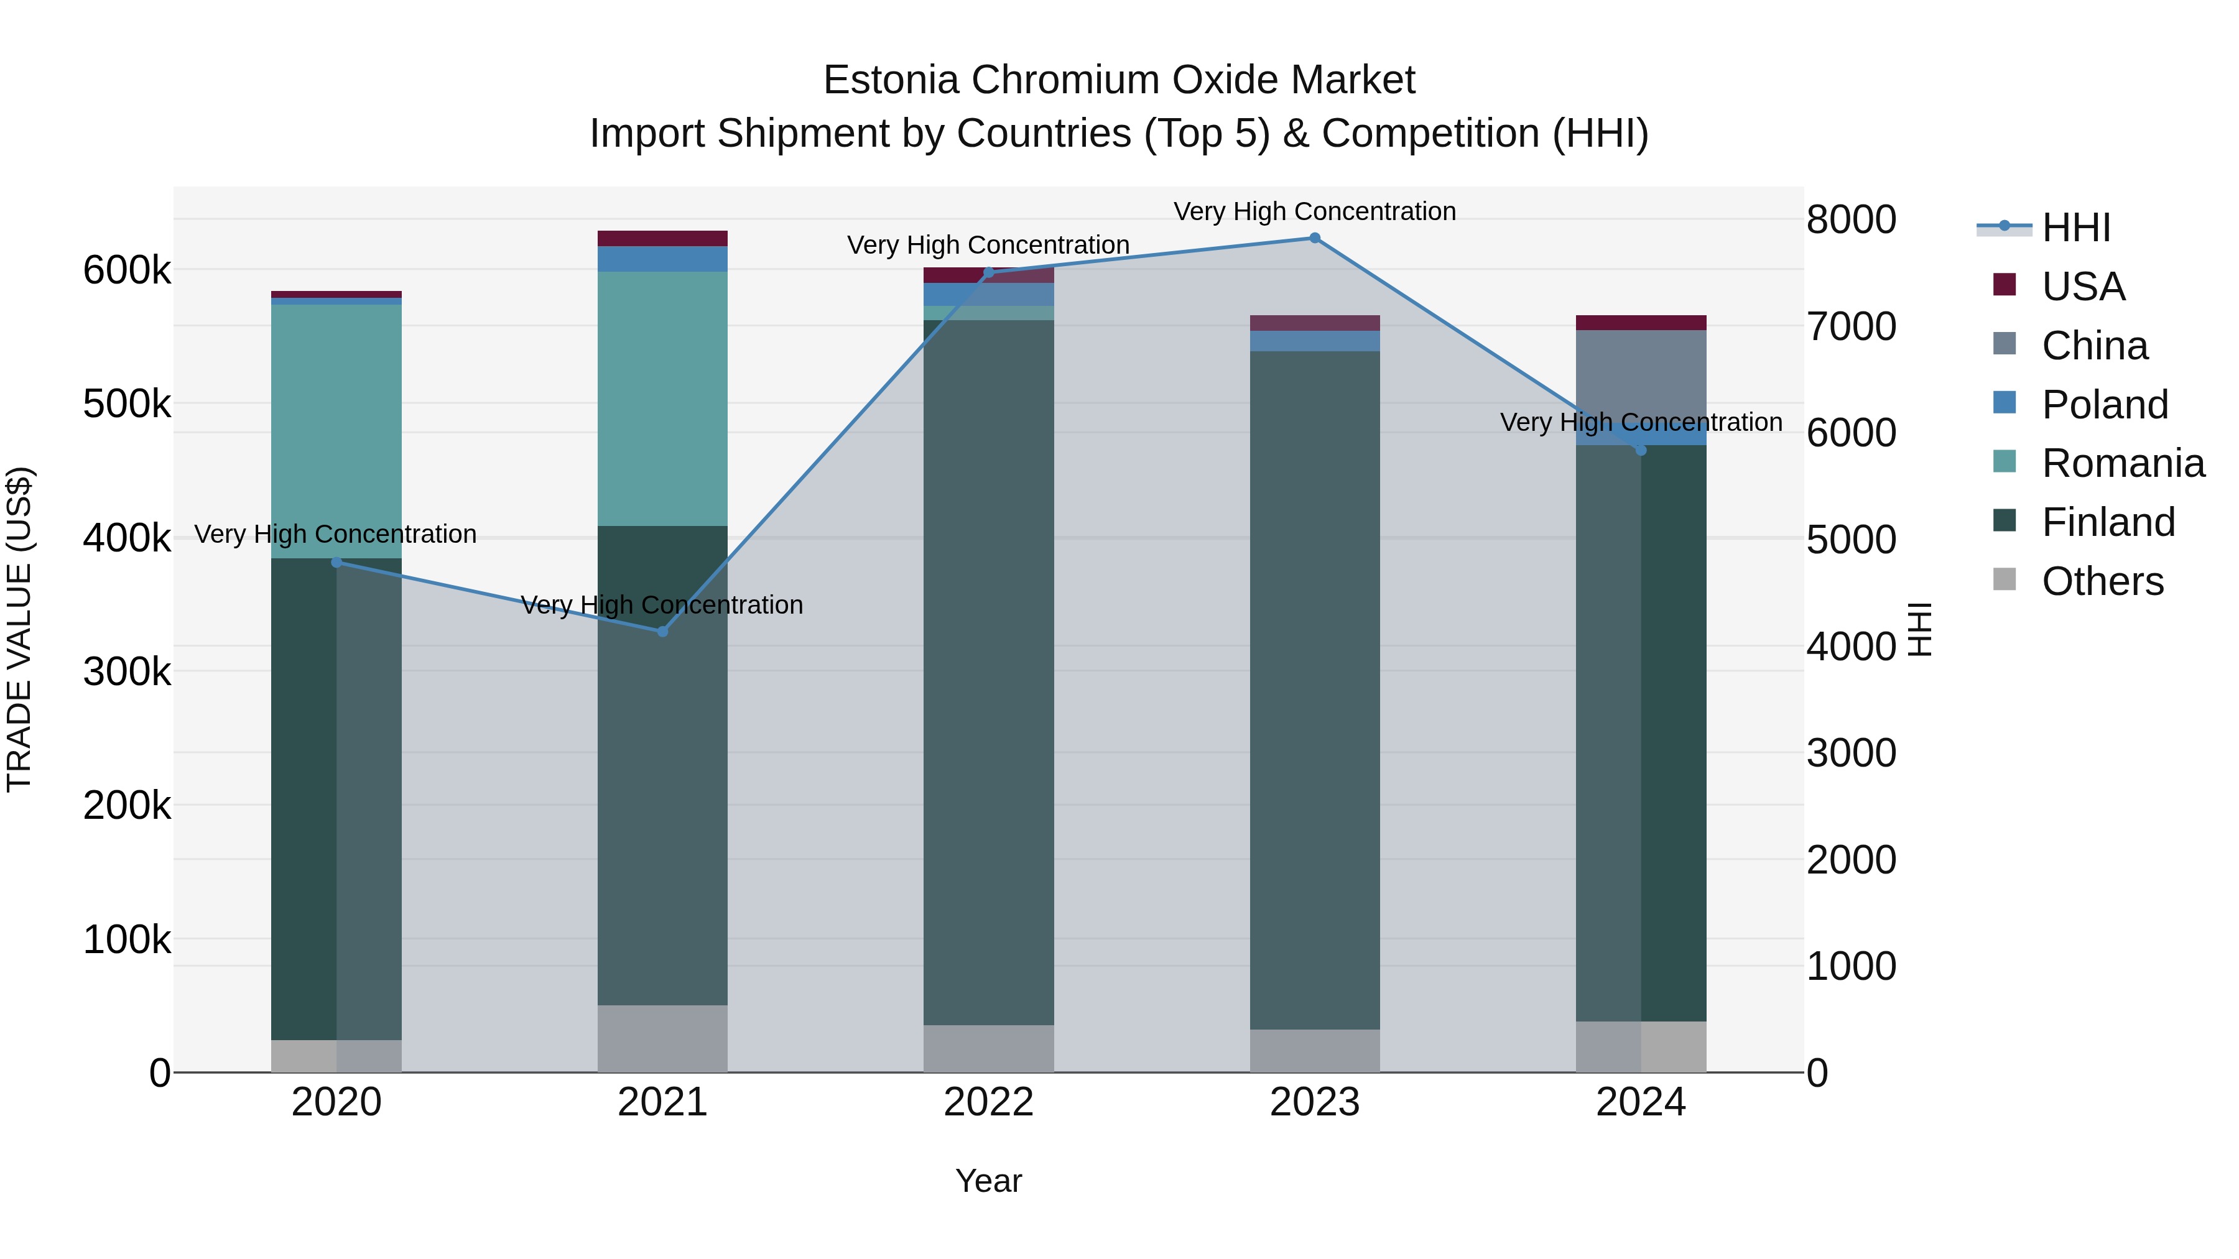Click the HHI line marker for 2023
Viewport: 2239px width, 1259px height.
1314,238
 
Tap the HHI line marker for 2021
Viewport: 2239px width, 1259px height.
662,632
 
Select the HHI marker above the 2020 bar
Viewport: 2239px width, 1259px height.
336,562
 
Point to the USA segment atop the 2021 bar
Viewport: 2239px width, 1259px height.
662,238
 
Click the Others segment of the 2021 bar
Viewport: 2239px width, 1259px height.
662,1038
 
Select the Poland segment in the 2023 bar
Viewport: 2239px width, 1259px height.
1314,341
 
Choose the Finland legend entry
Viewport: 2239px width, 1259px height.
2108,522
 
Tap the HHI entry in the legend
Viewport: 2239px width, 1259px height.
2075,228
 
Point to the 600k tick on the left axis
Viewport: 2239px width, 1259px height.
126,270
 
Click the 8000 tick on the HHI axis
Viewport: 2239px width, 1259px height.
1850,220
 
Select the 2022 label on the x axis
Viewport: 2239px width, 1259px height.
988,1102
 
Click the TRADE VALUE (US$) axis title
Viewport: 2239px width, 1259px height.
19,629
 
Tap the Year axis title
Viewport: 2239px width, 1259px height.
988,1181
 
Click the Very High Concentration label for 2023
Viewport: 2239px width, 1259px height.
1314,211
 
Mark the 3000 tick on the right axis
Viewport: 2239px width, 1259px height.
1850,754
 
